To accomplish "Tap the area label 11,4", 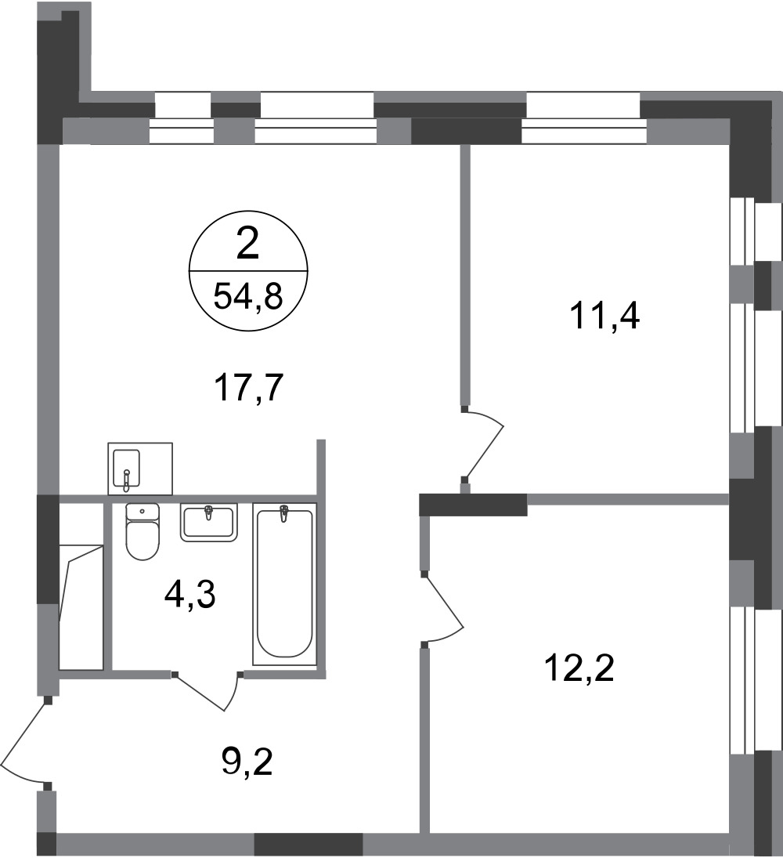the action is point(604,317).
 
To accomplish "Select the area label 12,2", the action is point(579,668).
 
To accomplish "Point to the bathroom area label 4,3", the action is point(190,596).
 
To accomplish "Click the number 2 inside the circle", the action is point(247,244).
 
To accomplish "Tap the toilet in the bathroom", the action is point(143,531).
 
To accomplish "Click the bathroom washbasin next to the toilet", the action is point(209,523).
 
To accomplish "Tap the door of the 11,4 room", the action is point(482,444).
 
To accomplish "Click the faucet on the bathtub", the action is point(283,514).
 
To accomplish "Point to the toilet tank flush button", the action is point(143,511).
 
